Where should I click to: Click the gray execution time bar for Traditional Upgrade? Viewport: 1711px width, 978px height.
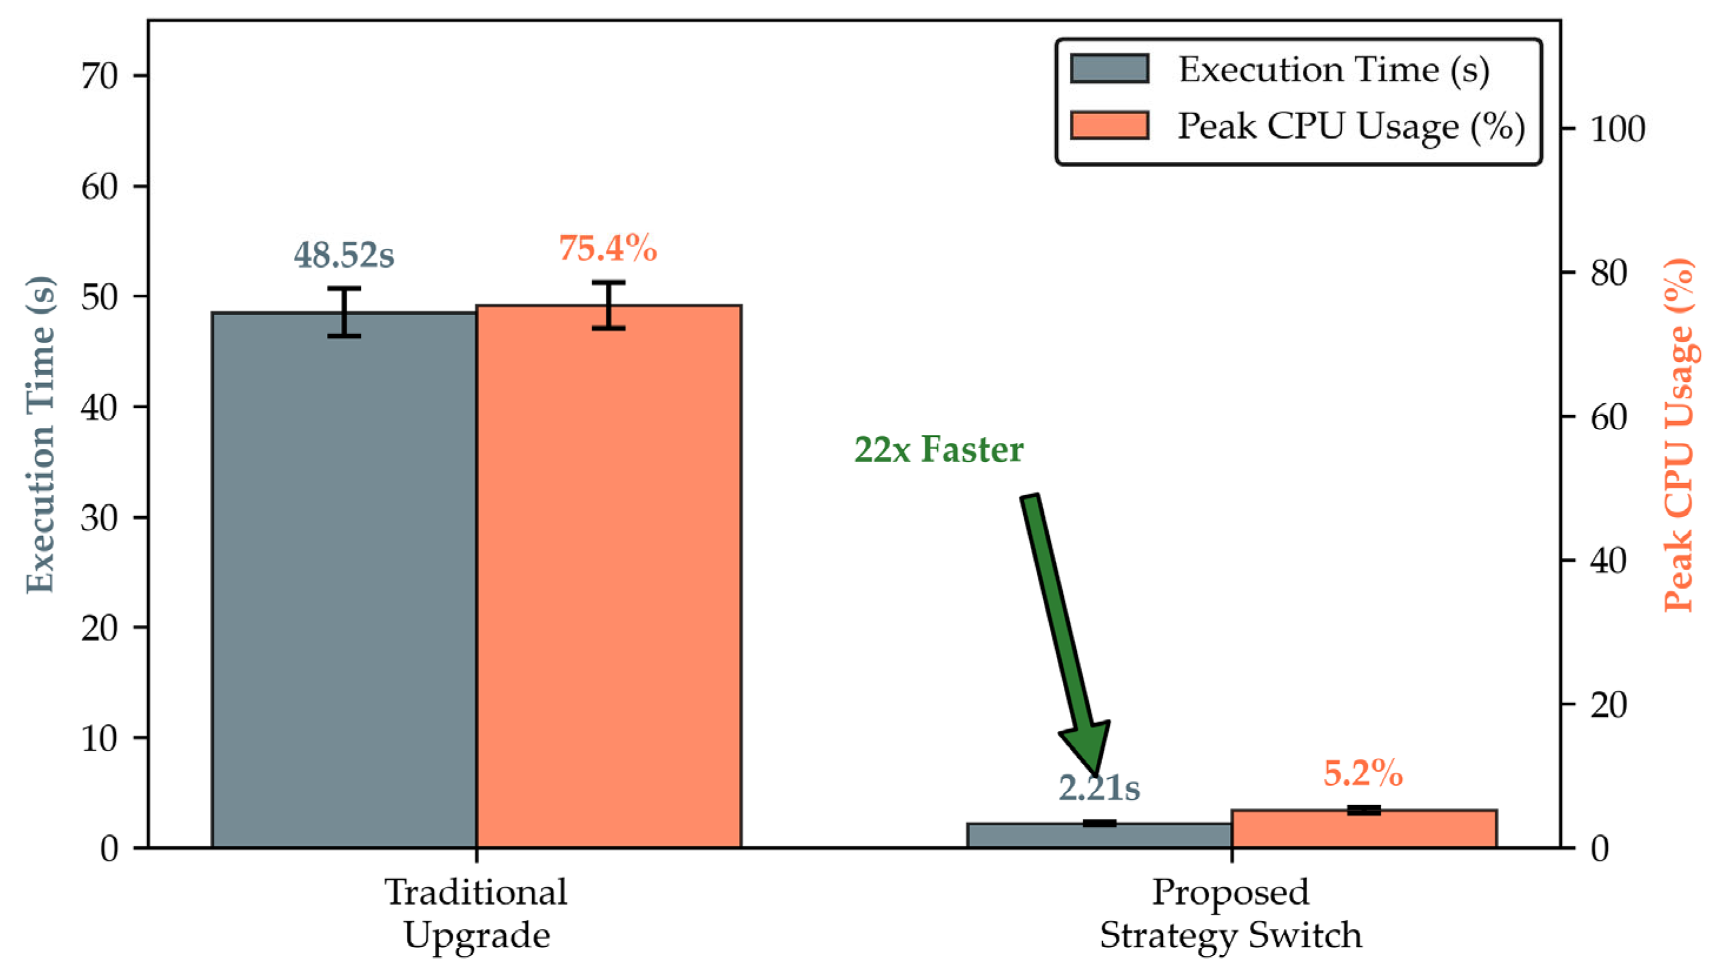pyautogui.click(x=344, y=580)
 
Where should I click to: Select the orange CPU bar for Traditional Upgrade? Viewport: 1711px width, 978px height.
pyautogui.click(x=609, y=576)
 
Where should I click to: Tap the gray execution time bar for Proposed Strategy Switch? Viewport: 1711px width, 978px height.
pyautogui.click(x=1099, y=835)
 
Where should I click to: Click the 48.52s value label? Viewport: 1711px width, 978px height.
pyautogui.click(x=344, y=255)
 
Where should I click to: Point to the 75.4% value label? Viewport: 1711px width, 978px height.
pyautogui.click(x=608, y=248)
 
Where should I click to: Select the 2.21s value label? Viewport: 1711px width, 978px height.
pyautogui.click(x=1099, y=788)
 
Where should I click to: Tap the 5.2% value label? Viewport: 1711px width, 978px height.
pyautogui.click(x=1364, y=773)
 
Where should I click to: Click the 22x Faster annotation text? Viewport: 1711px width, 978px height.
pyautogui.click(x=939, y=450)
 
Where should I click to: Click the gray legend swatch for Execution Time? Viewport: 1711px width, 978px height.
pyautogui.click(x=1109, y=68)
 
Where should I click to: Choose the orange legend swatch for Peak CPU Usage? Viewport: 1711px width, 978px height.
pyautogui.click(x=1109, y=125)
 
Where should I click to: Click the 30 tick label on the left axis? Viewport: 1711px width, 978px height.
pyautogui.click(x=100, y=517)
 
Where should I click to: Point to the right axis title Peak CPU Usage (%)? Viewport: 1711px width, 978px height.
pyautogui.click(x=1678, y=435)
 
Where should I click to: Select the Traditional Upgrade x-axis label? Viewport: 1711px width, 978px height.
pyautogui.click(x=476, y=913)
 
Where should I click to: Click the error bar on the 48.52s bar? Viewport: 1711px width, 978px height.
pyautogui.click(x=344, y=312)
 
